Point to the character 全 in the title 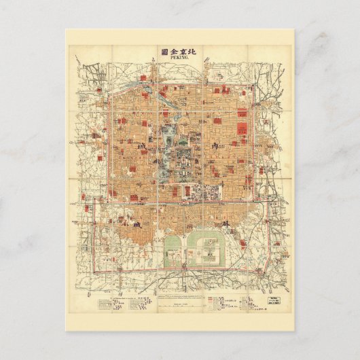(x=175, y=50)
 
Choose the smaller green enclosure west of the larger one (x=174, y=250)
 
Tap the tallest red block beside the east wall (x=241, y=123)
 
